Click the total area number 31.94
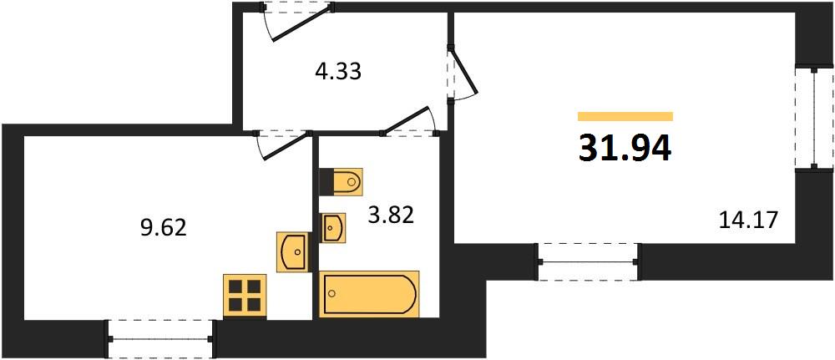coord(625,148)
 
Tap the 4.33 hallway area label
coord(337,71)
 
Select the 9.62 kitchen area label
coord(163,228)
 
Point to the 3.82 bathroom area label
coord(390,215)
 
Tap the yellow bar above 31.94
coord(625,117)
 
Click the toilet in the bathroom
coord(341,182)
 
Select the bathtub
coord(369,294)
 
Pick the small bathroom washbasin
coord(333,228)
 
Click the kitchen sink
coord(292,252)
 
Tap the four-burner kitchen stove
coord(245,296)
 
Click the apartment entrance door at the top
coord(298,22)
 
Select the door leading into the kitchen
coord(283,145)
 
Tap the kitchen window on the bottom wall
coord(160,338)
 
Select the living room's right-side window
coord(814,118)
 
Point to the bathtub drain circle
coord(332,293)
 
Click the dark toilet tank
coord(326,182)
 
